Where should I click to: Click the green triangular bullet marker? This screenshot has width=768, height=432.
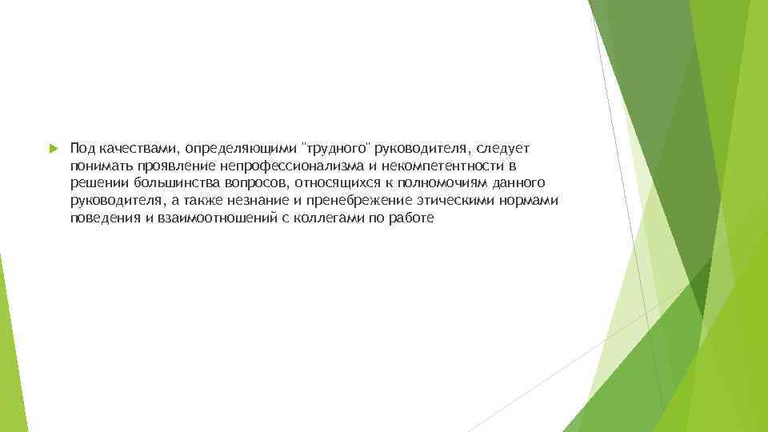tap(53, 149)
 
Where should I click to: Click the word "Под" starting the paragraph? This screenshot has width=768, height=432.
tap(82, 149)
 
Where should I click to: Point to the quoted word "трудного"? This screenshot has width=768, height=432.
tap(334, 150)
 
